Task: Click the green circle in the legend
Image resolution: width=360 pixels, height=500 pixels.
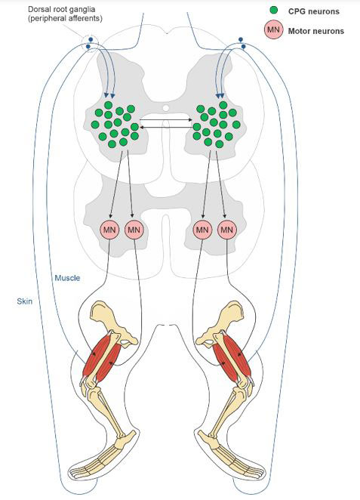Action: pos(273,11)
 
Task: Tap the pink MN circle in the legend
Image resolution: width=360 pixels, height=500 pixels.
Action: pos(273,30)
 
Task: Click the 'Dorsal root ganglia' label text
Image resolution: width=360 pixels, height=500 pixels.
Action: pos(61,9)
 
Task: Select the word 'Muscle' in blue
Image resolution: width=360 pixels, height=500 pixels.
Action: pos(67,278)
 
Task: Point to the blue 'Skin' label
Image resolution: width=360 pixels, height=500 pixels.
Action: pos(25,301)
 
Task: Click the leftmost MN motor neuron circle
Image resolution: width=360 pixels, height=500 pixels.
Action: pos(109,230)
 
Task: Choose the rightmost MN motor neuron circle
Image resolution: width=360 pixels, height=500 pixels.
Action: pos(227,230)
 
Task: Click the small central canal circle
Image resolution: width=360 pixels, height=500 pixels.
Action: pos(166,108)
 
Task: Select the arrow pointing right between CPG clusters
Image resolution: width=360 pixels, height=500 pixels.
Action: pos(166,120)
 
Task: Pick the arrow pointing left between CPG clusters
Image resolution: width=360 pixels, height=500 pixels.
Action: pos(166,127)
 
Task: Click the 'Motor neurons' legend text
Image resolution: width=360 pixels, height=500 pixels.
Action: pos(316,31)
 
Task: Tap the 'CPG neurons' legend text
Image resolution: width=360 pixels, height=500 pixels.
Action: pos(314,11)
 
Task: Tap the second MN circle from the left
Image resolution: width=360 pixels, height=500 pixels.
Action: pos(134,230)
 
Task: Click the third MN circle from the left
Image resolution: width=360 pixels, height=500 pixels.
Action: pos(202,230)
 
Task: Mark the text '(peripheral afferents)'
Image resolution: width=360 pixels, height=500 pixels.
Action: pos(65,18)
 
